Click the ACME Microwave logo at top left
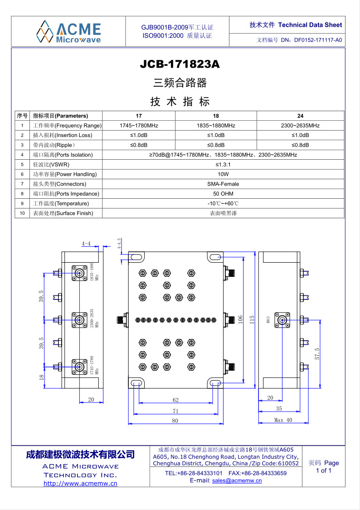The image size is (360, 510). point(68,32)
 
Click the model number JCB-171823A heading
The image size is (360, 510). point(180,64)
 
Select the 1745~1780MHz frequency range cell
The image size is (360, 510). point(139,126)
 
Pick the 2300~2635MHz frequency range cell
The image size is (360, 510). point(300,126)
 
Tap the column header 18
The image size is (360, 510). point(216,116)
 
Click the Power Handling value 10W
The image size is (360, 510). point(223,174)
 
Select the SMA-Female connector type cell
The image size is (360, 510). point(223,184)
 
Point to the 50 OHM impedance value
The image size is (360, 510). point(223,194)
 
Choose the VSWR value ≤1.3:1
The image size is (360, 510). point(223,165)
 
